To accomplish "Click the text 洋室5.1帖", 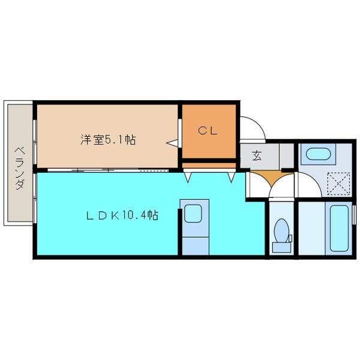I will coord(108,140).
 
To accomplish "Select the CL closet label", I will coord(208,130).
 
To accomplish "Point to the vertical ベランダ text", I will coord(19,167).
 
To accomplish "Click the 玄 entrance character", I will coord(257,156).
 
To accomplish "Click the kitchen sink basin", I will coord(193,214).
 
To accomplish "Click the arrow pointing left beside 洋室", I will coord(172,143).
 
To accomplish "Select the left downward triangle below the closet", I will coord(188,178).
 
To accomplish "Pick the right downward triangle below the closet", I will coord(230,178).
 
